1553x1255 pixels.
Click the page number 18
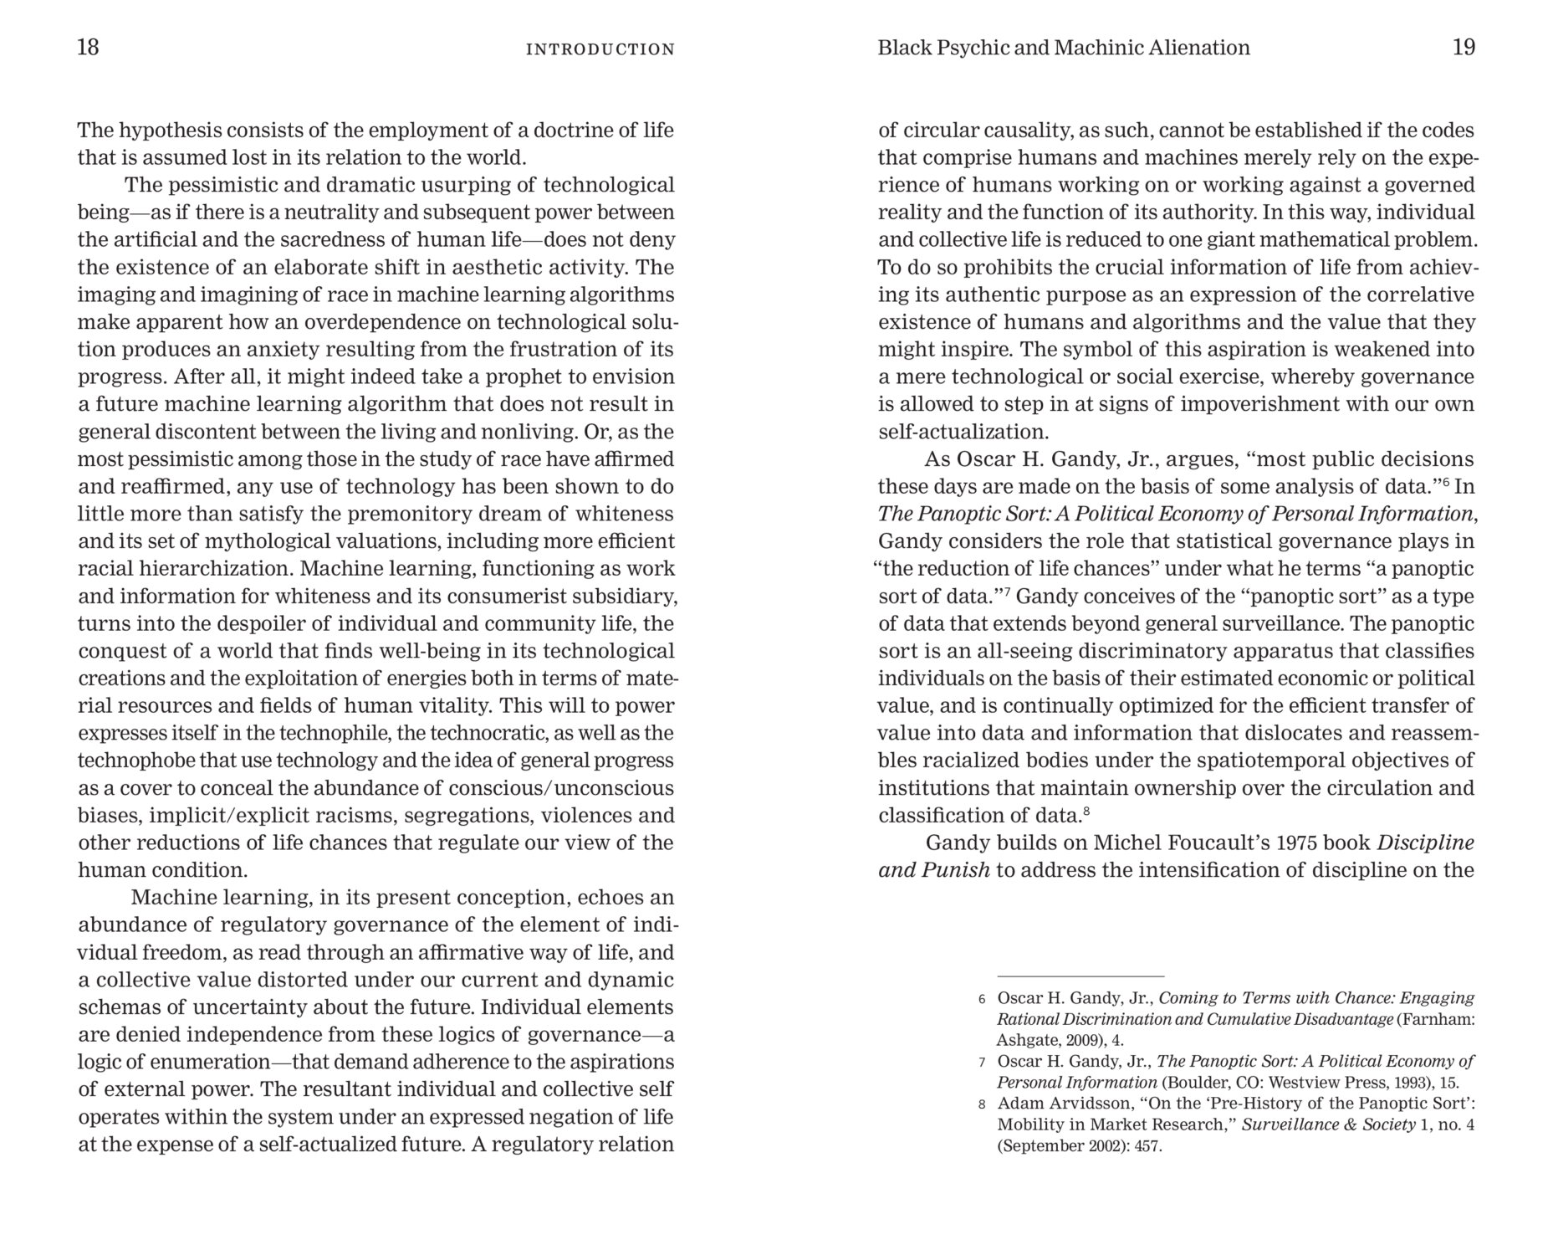88,47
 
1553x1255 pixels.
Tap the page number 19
1464,48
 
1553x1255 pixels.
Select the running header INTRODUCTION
600,49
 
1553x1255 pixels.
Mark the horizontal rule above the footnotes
1080,976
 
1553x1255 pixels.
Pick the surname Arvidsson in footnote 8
1084,1104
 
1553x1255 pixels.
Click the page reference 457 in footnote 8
1148,1146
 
